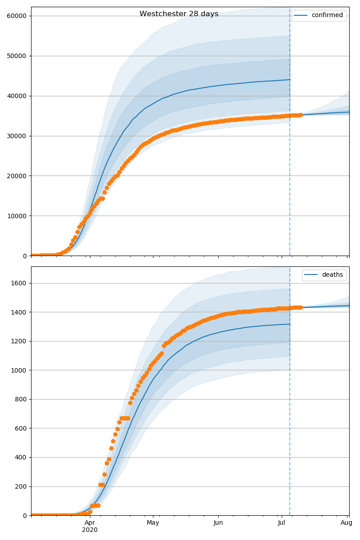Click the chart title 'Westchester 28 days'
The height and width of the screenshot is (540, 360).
(179, 14)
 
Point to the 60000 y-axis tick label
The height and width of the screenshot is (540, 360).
(16, 16)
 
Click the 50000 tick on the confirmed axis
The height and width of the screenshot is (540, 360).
(16, 56)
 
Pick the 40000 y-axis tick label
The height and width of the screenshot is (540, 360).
(16, 96)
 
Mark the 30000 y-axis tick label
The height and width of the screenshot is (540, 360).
(16, 136)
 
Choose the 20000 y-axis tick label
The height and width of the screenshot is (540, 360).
(16, 176)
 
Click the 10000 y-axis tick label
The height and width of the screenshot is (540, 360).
(16, 216)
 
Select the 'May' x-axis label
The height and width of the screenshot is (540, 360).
(153, 522)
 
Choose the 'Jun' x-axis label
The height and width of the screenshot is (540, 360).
(218, 522)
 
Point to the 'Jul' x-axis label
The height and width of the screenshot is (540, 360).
(282, 522)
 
